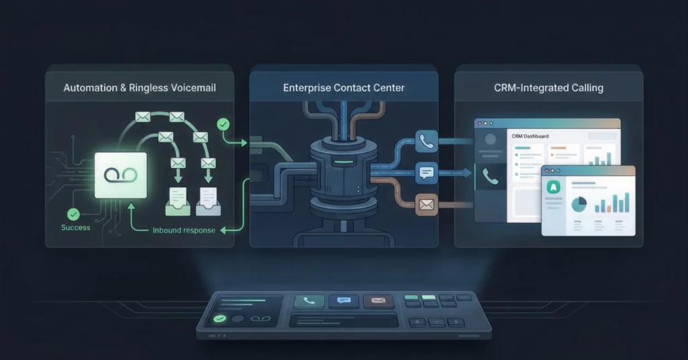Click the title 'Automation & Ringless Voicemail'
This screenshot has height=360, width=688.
(140, 88)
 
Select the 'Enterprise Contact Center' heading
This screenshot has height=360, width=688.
(343, 88)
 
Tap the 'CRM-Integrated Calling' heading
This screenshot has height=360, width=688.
(548, 88)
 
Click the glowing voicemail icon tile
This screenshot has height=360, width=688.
(121, 175)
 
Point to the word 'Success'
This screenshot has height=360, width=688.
(75, 228)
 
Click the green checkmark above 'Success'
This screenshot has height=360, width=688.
(73, 214)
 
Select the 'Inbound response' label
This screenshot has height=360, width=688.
(184, 230)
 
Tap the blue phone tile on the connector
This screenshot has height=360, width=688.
(427, 141)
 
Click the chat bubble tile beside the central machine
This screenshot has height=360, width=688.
(427, 173)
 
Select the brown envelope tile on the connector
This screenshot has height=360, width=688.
(427, 204)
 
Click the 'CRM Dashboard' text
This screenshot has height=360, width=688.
(530, 136)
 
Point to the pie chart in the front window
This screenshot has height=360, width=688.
(579, 204)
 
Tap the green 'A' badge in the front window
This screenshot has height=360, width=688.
(554, 187)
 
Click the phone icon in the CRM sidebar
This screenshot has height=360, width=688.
(490, 176)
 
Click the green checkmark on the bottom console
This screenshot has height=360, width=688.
(220, 319)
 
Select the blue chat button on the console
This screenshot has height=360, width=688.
(344, 301)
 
